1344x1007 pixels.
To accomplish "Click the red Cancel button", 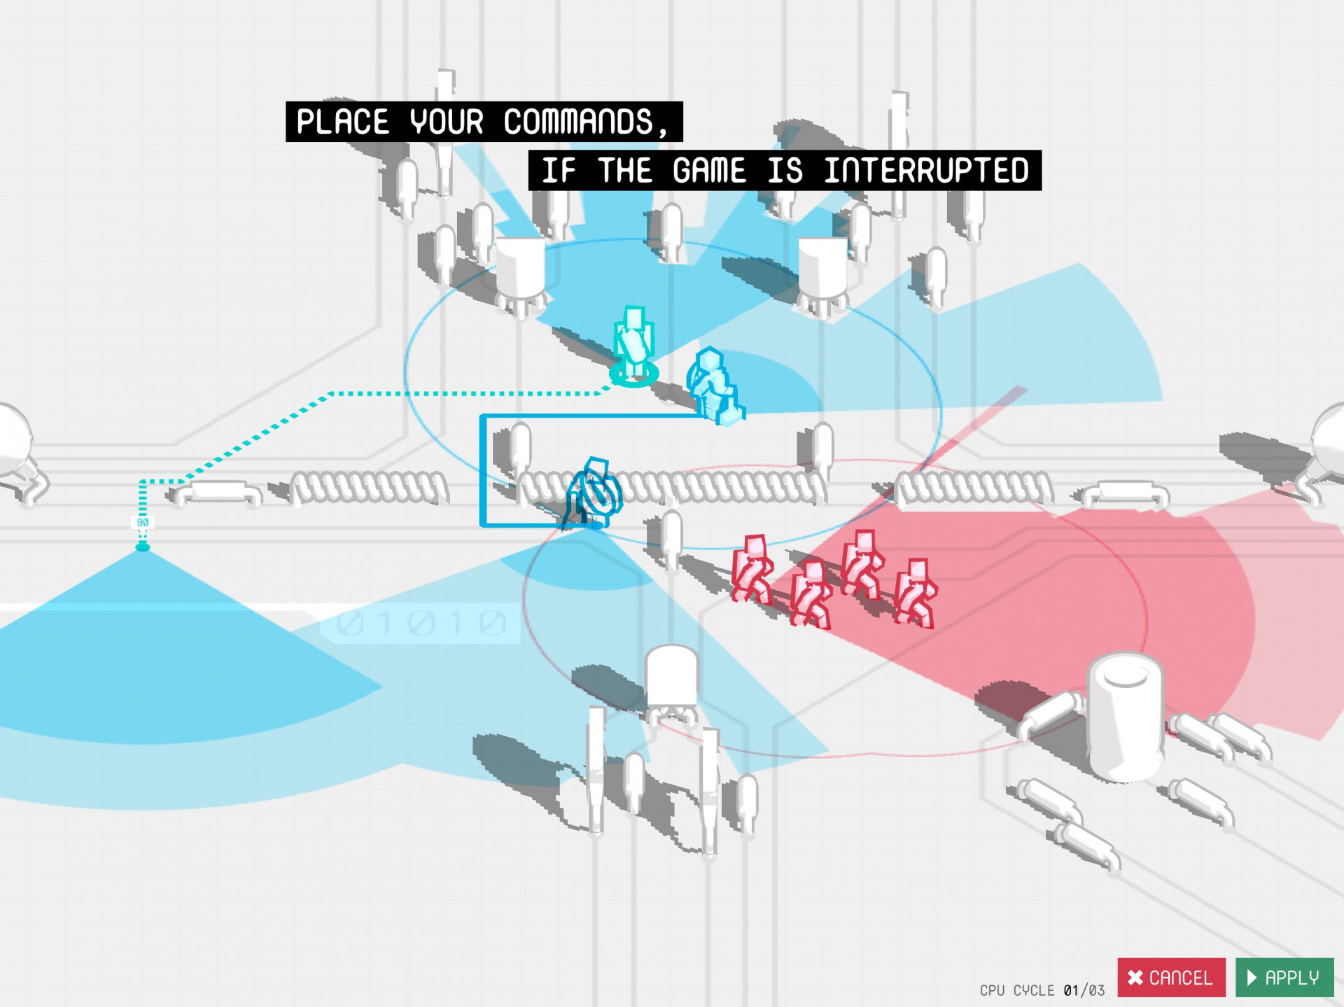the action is click(x=1171, y=977).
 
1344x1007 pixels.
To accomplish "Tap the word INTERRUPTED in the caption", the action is click(x=926, y=171).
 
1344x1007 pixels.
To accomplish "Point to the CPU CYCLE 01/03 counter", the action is click(x=1042, y=990).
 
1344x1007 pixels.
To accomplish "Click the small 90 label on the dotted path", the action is click(x=143, y=522).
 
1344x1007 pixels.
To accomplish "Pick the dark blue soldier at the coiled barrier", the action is click(x=593, y=493).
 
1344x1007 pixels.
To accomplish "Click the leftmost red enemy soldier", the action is click(x=751, y=569).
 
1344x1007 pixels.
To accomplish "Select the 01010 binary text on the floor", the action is click(x=421, y=623).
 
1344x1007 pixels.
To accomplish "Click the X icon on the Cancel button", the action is click(x=1135, y=978).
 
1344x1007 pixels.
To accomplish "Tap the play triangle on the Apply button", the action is click(x=1252, y=978).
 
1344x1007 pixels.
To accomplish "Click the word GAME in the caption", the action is click(x=710, y=171).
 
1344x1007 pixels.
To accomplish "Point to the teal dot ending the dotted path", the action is click(x=143, y=547).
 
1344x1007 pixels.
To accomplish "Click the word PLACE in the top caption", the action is click(x=343, y=122).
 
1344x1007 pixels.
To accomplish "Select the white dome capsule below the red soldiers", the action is click(x=672, y=677).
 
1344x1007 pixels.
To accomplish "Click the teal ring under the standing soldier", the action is click(x=634, y=374).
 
